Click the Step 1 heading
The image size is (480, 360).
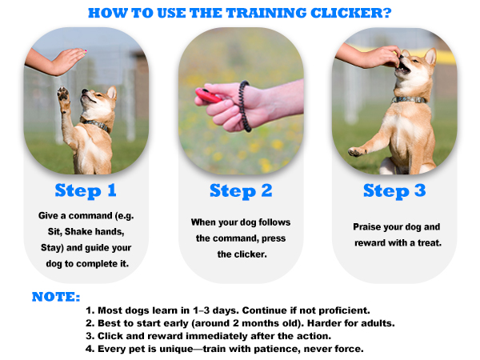point(90,191)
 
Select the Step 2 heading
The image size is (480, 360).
point(242,191)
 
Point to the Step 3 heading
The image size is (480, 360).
point(396,191)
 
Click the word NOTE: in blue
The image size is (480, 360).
point(56,297)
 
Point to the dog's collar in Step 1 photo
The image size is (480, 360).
point(98,125)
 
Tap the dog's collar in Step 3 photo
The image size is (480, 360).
point(410,101)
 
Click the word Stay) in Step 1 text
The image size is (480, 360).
point(52,248)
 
